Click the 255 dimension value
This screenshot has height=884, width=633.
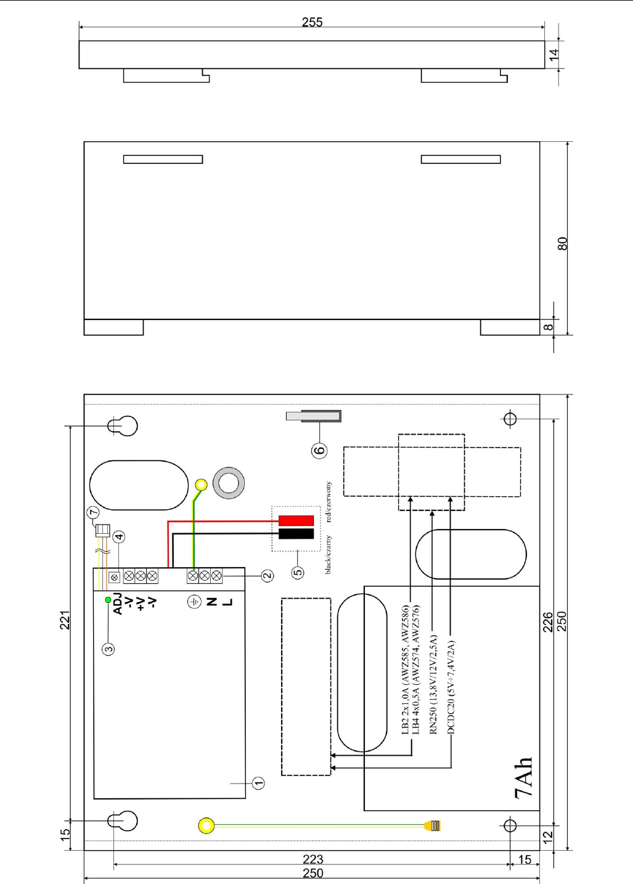click(x=312, y=22)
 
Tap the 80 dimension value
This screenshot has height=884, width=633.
click(x=562, y=244)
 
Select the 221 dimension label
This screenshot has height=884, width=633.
click(x=65, y=620)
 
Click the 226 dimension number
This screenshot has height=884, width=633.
click(x=548, y=622)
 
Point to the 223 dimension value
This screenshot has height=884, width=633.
click(x=313, y=859)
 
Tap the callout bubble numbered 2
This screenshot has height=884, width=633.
click(x=267, y=576)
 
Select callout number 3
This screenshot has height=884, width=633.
click(x=108, y=649)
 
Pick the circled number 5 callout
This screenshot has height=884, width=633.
click(x=298, y=572)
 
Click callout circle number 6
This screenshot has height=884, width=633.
click(x=319, y=450)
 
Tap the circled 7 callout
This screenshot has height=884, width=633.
click(x=93, y=513)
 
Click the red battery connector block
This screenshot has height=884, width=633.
click(x=296, y=520)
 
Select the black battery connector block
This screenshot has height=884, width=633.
click(x=296, y=534)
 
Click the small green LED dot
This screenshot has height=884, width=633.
click(x=108, y=600)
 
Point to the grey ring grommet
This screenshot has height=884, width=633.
click(x=229, y=483)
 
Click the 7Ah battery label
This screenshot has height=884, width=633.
click(x=524, y=779)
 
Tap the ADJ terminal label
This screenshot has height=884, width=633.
click(x=118, y=604)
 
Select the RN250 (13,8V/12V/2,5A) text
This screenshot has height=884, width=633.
click(x=433, y=685)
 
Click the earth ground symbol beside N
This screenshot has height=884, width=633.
click(x=194, y=602)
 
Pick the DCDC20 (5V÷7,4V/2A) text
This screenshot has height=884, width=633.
click(x=451, y=687)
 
